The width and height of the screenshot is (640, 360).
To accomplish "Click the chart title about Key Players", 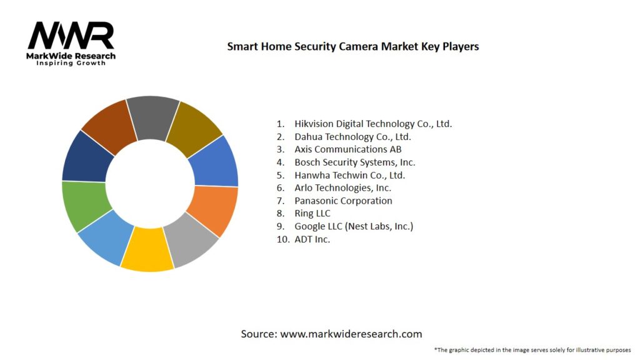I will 353,47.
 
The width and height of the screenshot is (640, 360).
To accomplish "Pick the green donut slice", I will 85,204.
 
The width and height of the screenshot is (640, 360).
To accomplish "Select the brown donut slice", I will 109,128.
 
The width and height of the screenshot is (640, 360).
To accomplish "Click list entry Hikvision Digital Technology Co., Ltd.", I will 373,124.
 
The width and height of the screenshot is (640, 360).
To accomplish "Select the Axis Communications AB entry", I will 348,149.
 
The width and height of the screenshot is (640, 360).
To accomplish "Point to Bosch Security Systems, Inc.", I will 355,162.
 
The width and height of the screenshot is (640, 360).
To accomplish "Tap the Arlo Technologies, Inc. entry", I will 343,188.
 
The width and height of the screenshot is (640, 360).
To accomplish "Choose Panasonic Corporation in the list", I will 343,201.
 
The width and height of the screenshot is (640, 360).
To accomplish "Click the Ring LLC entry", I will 312,214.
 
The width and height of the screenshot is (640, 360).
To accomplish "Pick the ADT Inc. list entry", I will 312,239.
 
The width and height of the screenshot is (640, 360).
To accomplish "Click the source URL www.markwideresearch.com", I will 351,334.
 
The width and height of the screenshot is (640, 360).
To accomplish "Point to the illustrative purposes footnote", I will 532,350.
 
